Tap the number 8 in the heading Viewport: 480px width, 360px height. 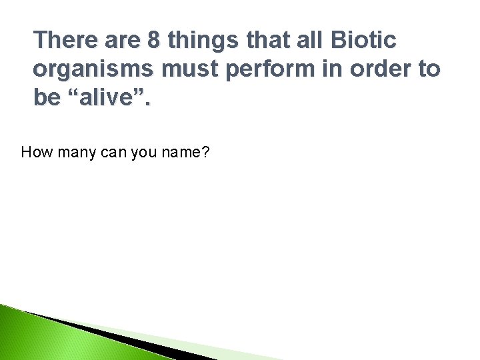pos(153,41)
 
